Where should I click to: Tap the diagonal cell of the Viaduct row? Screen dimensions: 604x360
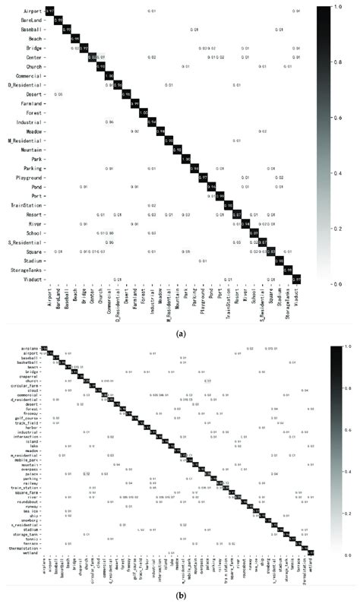pos(296,280)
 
